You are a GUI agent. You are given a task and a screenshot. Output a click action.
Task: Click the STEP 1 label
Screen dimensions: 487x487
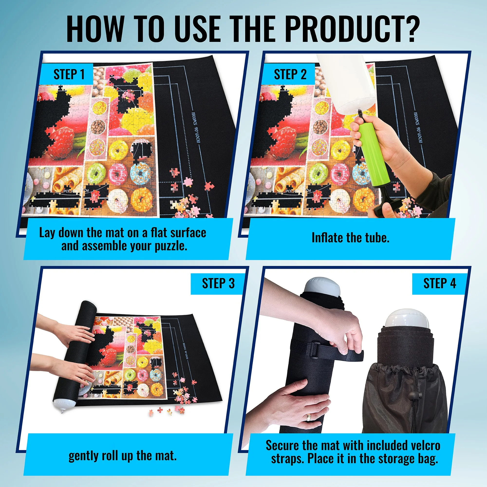pos(69,74)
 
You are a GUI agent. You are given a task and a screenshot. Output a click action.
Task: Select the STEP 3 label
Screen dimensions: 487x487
pos(218,283)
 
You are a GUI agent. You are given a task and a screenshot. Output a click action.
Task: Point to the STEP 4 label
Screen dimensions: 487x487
pos(440,283)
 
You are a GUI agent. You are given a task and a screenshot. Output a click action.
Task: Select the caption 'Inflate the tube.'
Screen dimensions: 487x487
pos(350,238)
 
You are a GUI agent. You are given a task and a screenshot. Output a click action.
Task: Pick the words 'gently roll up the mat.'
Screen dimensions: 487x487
pos(122,456)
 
